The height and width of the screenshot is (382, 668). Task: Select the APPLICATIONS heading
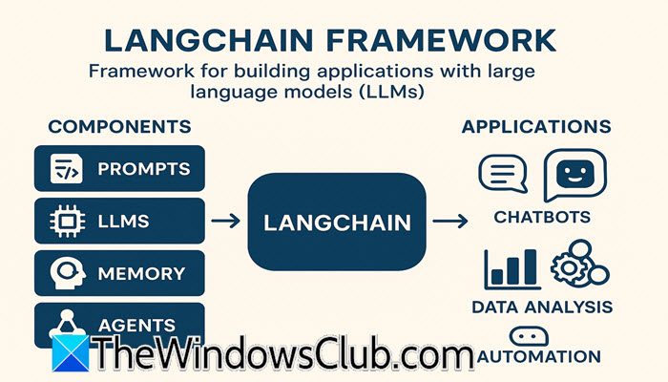(536, 126)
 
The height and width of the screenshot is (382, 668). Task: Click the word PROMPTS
(143, 170)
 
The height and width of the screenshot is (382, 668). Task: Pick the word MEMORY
(141, 273)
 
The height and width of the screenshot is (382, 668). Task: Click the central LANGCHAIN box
(336, 222)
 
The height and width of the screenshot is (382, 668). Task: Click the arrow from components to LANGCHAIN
(225, 222)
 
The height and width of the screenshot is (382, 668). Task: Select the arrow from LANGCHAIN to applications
(449, 222)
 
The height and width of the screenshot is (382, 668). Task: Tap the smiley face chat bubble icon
(574, 175)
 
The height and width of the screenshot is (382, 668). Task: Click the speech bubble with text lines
(502, 175)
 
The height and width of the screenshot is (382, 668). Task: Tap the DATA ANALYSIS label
(542, 307)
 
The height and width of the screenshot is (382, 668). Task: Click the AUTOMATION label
(543, 356)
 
